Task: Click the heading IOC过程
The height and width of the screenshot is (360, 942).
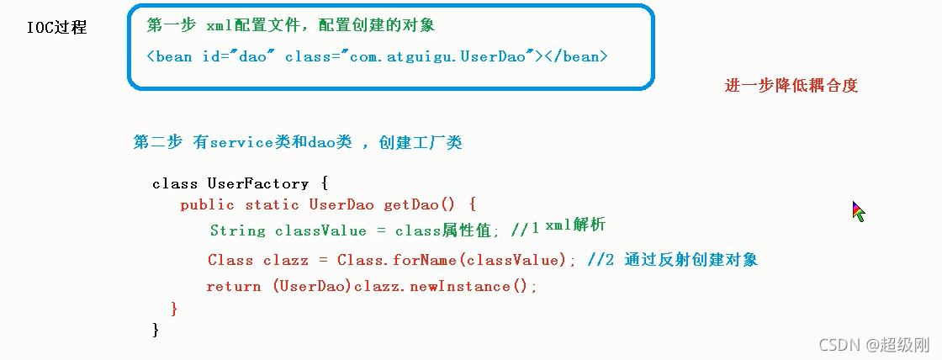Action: (56, 28)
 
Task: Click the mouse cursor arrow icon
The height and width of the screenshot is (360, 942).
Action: (858, 211)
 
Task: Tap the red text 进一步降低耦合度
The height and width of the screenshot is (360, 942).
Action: (791, 85)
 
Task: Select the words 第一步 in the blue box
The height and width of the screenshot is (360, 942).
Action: (165, 25)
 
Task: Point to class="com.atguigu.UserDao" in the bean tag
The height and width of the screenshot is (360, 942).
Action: (410, 56)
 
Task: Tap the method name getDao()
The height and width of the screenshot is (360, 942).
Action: (419, 204)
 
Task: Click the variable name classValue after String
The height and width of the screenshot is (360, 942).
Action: (320, 230)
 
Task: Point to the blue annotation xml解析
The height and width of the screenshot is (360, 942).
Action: (575, 225)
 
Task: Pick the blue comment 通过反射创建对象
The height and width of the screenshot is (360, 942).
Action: (691, 260)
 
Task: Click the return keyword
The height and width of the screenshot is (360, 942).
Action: (233, 286)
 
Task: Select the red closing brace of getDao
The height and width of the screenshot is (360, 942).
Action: (174, 309)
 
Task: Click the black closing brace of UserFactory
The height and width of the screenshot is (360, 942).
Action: (156, 329)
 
